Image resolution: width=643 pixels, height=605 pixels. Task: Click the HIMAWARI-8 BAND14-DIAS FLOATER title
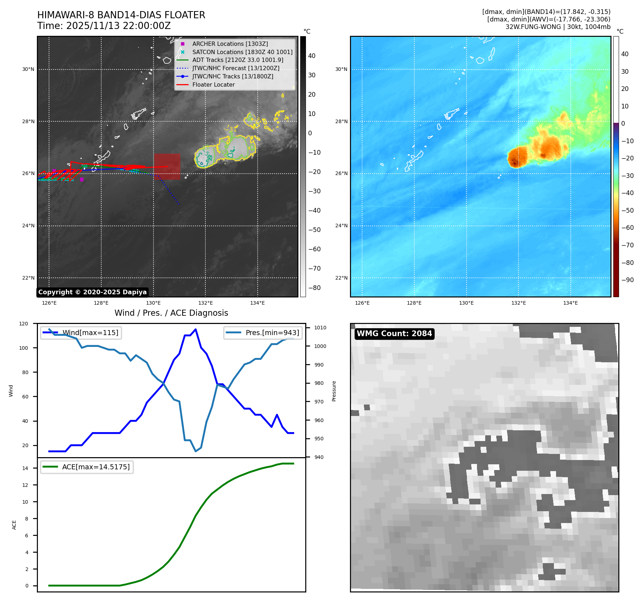pos(121,15)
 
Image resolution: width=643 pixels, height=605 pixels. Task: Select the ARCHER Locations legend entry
pos(230,44)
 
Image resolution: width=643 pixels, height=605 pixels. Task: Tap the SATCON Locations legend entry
pos(242,52)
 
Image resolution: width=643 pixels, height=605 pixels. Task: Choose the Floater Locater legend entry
pos(213,84)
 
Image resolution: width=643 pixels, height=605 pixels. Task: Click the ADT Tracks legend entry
pos(238,60)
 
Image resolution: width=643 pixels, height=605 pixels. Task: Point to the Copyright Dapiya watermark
pos(92,292)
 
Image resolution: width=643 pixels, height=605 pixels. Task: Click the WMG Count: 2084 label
pos(394,334)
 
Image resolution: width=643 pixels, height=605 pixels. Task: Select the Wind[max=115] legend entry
pos(90,333)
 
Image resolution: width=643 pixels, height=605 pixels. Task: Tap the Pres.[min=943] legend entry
pos(272,333)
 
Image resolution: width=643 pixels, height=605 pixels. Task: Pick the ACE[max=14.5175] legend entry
pos(96,467)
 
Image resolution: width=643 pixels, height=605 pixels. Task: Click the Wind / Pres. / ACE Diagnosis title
pos(171,313)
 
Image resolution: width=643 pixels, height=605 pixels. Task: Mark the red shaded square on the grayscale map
pos(167,166)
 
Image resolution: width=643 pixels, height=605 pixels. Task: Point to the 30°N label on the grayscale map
pos(28,69)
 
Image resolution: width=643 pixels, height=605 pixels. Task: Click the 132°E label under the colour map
pos(518,303)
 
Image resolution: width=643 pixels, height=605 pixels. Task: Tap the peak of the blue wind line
pos(195,329)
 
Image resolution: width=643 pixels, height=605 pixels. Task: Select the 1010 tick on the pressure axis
pos(320,328)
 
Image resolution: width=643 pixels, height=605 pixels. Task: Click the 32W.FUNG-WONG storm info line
pos(558,27)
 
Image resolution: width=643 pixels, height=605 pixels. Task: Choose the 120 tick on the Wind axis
pos(24,324)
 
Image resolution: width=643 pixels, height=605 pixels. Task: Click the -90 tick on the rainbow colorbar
pos(627,280)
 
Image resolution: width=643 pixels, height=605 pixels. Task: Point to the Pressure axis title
pos(334,391)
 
